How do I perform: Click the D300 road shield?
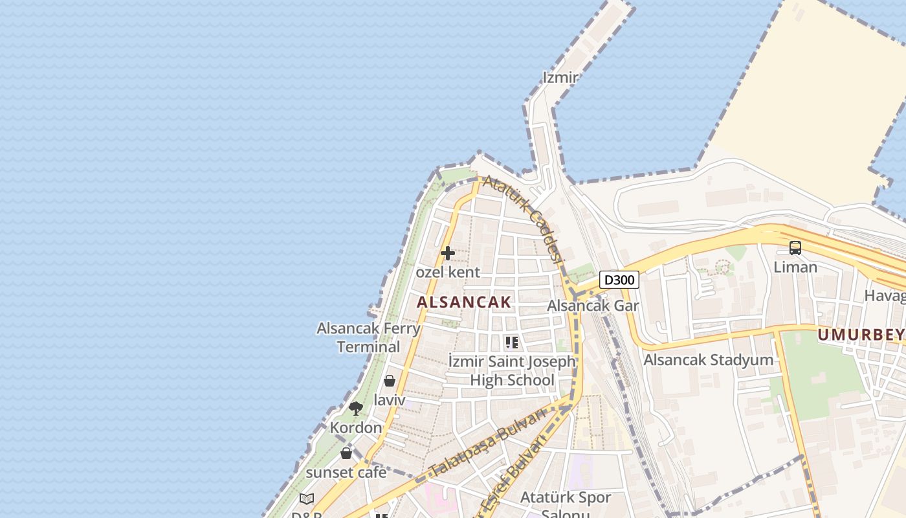pyautogui.click(x=619, y=280)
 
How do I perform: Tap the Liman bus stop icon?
pyautogui.click(x=795, y=248)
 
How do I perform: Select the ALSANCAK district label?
pyautogui.click(x=464, y=302)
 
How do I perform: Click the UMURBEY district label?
pyautogui.click(x=861, y=335)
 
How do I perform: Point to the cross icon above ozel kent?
pyautogui.click(x=447, y=253)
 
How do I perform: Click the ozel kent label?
pyautogui.click(x=448, y=272)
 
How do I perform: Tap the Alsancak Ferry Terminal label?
pyautogui.click(x=368, y=337)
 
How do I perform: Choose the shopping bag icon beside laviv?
pyautogui.click(x=390, y=381)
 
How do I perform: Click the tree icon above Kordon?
pyautogui.click(x=355, y=408)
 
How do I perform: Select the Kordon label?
pyautogui.click(x=356, y=427)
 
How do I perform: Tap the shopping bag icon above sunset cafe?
pyautogui.click(x=346, y=453)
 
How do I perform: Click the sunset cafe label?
pyautogui.click(x=346, y=472)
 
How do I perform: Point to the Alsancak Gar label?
pyautogui.click(x=593, y=306)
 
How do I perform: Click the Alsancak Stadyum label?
pyautogui.click(x=709, y=360)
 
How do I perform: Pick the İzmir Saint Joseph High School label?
pyautogui.click(x=512, y=370)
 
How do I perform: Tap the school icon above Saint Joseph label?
pyautogui.click(x=512, y=342)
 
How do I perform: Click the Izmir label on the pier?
pyautogui.click(x=560, y=78)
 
